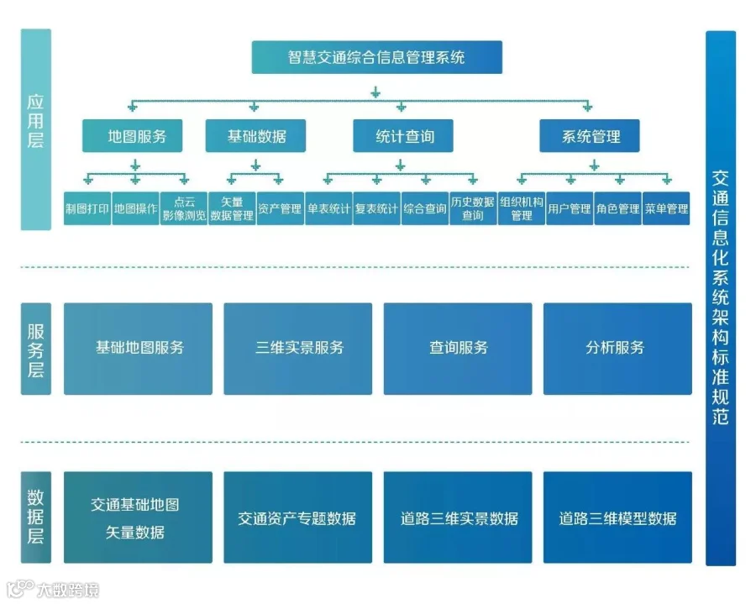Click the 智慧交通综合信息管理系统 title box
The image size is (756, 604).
pyautogui.click(x=376, y=58)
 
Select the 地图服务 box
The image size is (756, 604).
pyautogui.click(x=132, y=136)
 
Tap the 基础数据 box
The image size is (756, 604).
pyautogui.click(x=255, y=136)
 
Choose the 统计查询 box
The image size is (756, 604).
pyautogui.click(x=403, y=136)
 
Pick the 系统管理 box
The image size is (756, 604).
pyautogui.click(x=590, y=136)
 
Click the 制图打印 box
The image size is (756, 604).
pyautogui.click(x=87, y=209)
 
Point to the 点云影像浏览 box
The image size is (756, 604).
pyautogui.click(x=184, y=209)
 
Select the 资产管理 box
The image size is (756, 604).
pyautogui.click(x=280, y=209)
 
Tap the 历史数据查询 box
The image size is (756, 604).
pyautogui.click(x=473, y=209)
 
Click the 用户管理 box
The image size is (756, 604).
pyautogui.click(x=570, y=209)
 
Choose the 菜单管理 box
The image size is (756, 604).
pyautogui.click(x=667, y=209)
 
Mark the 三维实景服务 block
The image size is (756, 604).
pyautogui.click(x=297, y=348)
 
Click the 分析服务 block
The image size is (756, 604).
pyautogui.click(x=617, y=348)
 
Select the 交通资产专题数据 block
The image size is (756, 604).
pyautogui.click(x=297, y=517)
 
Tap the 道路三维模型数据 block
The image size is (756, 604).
pyautogui.click(x=617, y=517)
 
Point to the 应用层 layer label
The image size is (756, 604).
pyautogui.click(x=35, y=129)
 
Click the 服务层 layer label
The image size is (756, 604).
pyautogui.click(x=35, y=348)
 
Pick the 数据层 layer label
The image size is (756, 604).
pyautogui.click(x=35, y=517)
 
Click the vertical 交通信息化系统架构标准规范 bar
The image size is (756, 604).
pyautogui.click(x=720, y=298)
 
